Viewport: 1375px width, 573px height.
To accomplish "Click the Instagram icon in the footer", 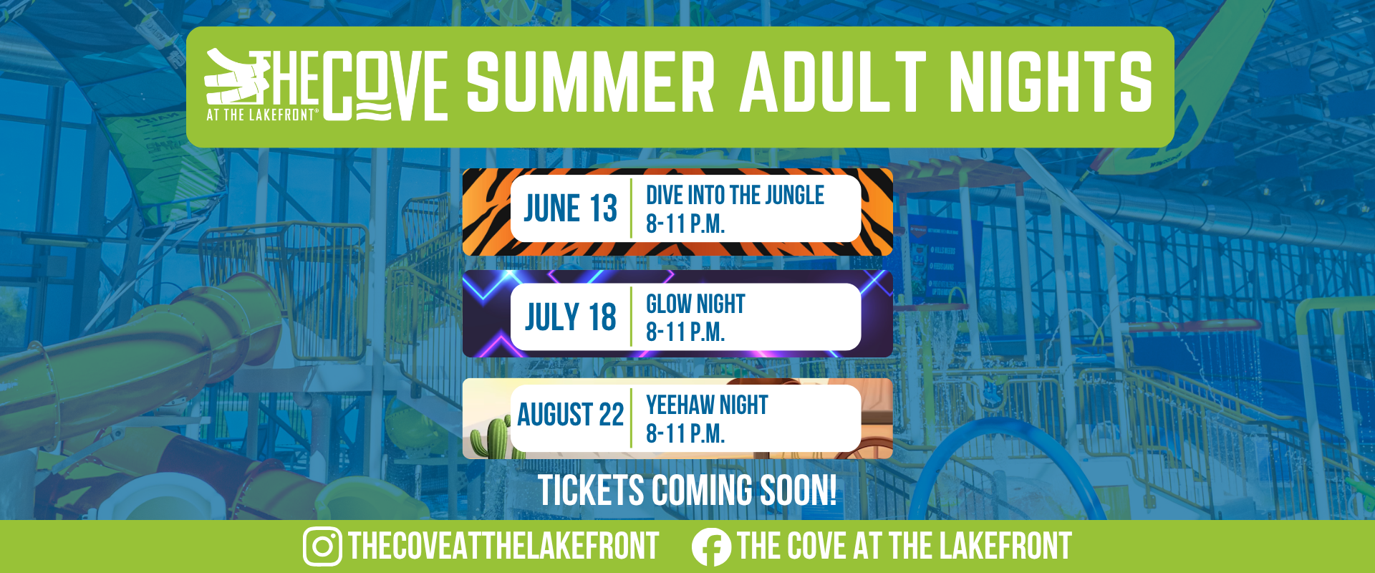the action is click(322, 546).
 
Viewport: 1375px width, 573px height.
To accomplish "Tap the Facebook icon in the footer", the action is click(711, 547).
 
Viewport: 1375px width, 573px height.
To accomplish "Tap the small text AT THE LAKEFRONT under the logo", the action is click(261, 115).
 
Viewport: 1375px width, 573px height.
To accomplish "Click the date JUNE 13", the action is click(570, 208).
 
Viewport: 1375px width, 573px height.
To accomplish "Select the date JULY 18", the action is click(570, 317).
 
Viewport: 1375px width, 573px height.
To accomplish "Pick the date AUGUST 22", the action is click(570, 415).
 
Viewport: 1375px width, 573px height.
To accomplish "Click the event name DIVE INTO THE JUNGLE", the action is click(735, 195).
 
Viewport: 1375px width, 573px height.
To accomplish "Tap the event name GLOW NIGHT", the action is click(695, 304).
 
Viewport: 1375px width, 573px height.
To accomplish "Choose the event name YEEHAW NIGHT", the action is click(707, 405).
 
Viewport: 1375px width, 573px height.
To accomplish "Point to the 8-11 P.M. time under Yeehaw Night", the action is click(685, 433).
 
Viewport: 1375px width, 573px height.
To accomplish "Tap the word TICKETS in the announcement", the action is click(592, 491).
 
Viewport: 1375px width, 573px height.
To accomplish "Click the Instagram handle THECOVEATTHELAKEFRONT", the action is click(503, 546).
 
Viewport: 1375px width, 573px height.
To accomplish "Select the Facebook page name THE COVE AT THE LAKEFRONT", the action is click(904, 546).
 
